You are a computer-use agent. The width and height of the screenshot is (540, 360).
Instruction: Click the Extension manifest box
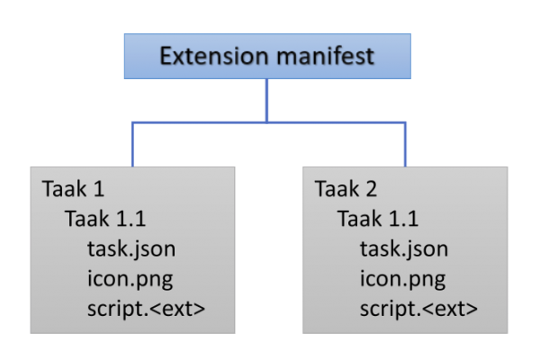point(266,57)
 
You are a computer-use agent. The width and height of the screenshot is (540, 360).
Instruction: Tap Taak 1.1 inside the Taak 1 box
point(104,220)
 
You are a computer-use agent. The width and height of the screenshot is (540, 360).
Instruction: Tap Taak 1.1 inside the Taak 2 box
point(377,220)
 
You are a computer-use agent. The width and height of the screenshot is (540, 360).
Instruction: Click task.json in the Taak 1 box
point(130,249)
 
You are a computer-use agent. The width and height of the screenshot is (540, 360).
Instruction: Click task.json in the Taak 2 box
point(403,249)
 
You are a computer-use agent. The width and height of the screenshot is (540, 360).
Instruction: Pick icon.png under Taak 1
point(130,279)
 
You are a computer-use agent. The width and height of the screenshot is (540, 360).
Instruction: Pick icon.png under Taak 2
point(402,279)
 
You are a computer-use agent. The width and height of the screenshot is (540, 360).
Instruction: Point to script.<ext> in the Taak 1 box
point(146,308)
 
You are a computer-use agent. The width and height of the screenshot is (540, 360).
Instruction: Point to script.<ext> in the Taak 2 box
point(418,308)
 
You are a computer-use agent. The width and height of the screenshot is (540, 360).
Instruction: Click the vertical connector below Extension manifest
point(266,99)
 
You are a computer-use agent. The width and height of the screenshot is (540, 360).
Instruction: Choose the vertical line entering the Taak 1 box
point(132,144)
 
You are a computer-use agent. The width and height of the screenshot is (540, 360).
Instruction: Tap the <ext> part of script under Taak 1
point(181,308)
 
